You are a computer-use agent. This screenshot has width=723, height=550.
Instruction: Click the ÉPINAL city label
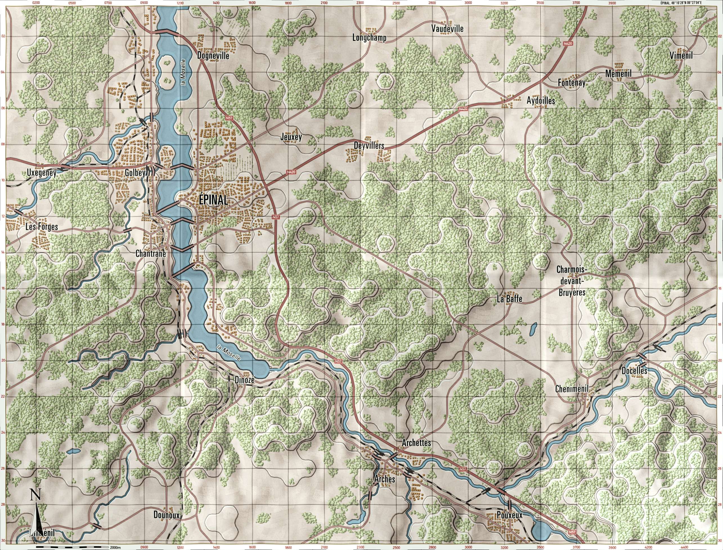[213, 200]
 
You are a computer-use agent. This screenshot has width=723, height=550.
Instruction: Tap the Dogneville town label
[213, 56]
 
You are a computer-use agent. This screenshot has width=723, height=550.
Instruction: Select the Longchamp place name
[369, 38]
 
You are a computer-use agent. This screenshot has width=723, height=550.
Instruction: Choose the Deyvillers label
[369, 146]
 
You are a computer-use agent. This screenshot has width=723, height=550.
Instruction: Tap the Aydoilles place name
[541, 101]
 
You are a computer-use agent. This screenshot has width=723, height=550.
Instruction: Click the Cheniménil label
[572, 389]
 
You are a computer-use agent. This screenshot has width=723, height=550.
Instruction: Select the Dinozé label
[245, 380]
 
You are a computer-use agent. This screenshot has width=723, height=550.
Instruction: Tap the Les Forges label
[42, 227]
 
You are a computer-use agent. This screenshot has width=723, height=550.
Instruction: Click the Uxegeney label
[42, 173]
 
